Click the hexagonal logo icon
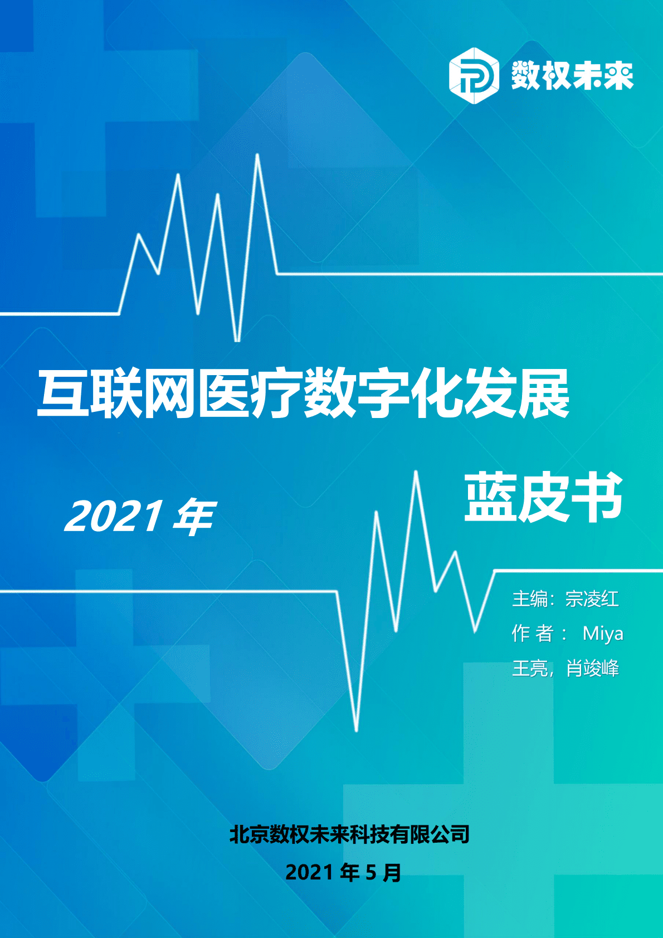[x=474, y=76]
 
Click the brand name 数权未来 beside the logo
[x=572, y=76]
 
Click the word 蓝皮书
[x=543, y=497]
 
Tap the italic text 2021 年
[x=139, y=517]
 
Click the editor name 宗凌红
[x=592, y=599]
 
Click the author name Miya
[x=602, y=634]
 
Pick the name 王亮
[x=530, y=668]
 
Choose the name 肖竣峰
[x=593, y=668]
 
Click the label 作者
[x=533, y=634]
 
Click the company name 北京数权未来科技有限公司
[x=349, y=834]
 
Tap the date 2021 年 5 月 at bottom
[x=343, y=872]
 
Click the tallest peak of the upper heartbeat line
[x=257, y=155]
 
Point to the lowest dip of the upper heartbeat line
[x=237, y=339]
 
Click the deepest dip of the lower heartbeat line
[x=357, y=729]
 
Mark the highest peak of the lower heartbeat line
[x=416, y=473]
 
